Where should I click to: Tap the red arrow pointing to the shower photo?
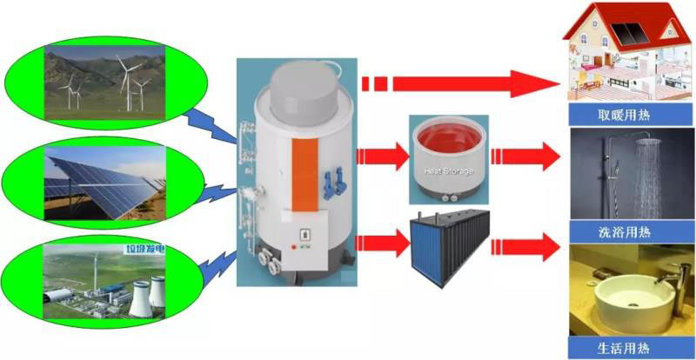point(526,157)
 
